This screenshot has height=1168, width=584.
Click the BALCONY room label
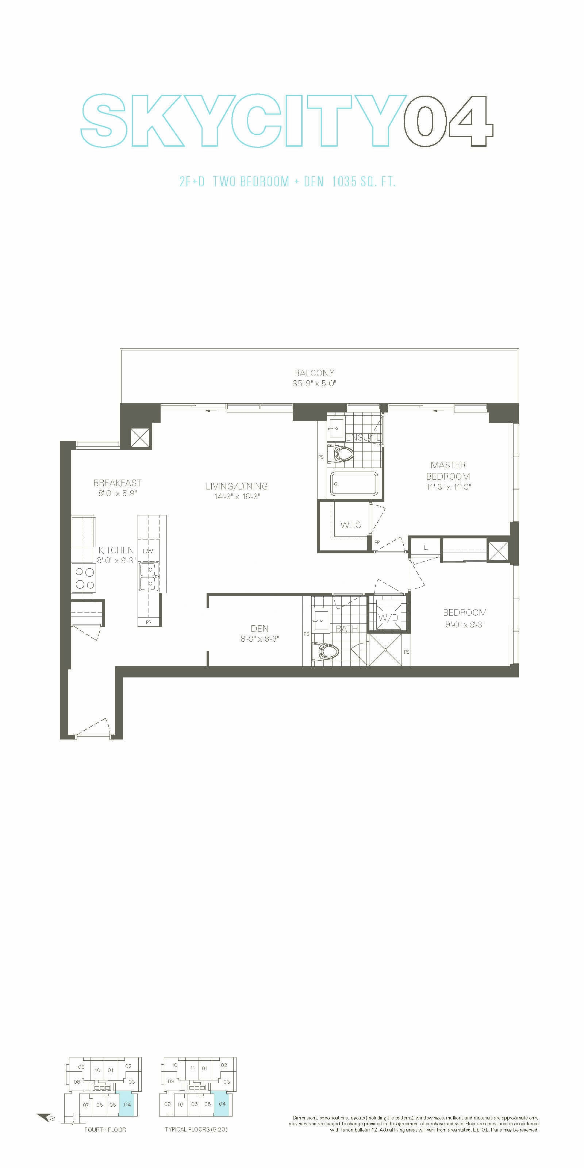pos(314,373)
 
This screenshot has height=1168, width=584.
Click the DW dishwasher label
pos(148,552)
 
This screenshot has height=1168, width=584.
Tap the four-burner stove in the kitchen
pos(84,578)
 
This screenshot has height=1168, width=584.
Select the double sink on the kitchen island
pos(148,576)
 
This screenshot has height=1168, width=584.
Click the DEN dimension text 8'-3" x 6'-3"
pos(260,639)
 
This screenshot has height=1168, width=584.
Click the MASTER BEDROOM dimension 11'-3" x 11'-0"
pos(449,487)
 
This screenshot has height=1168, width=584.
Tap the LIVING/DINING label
pos(237,486)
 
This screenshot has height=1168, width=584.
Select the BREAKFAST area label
pos(118,483)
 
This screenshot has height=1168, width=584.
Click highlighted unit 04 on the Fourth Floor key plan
pos(127,1104)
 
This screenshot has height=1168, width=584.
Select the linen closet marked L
pos(425,548)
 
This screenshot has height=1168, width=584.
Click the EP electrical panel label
pos(377,543)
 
